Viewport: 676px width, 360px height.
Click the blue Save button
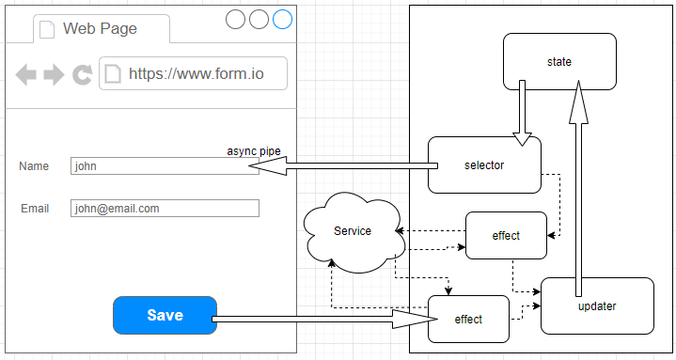(165, 315)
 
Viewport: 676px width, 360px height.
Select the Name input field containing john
(165, 166)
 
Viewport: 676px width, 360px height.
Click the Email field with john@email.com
(165, 209)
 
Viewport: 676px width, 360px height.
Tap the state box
(559, 62)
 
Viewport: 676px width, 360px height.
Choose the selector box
(484, 165)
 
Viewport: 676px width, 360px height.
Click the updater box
(597, 305)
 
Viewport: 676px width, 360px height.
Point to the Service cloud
(353, 231)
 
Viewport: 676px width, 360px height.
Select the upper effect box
(506, 236)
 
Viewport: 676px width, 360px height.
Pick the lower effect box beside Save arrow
(468, 320)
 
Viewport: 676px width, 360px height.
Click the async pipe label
(254, 151)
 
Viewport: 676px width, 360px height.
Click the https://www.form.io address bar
(193, 74)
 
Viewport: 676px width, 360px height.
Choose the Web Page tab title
(100, 28)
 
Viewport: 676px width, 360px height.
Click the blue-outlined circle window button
(282, 19)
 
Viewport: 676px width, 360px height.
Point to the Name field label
(34, 166)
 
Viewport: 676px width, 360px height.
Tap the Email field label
(35, 209)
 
